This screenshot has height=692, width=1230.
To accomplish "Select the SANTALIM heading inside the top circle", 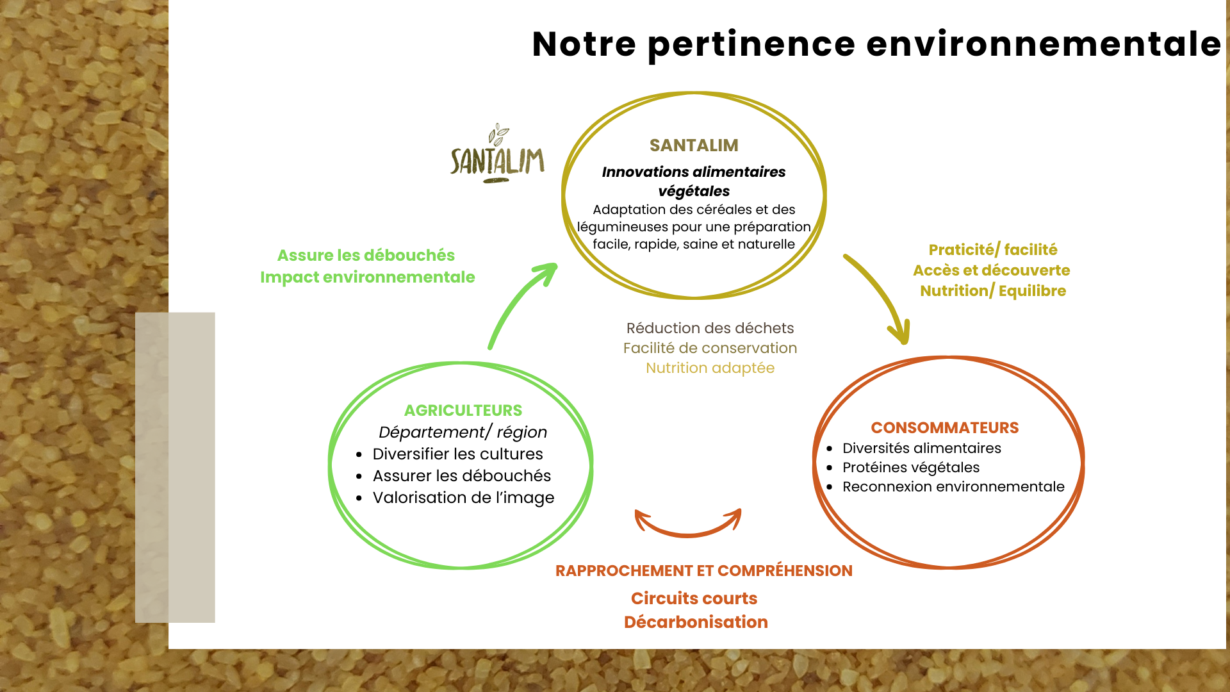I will [x=694, y=145].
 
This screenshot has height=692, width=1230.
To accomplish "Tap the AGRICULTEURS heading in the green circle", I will [x=463, y=410].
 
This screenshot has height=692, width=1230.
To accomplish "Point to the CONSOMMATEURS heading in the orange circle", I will [x=944, y=427].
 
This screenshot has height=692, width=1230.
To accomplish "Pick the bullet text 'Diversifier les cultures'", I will [x=457, y=454].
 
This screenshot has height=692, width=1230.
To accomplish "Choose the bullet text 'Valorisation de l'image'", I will [x=463, y=497].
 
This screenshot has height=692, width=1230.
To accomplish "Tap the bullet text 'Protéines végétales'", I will [x=910, y=467].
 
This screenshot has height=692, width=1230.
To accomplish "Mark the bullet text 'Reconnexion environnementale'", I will [x=953, y=486].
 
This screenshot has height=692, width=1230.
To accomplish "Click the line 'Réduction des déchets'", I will [x=710, y=328].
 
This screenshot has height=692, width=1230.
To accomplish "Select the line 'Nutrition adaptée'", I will [x=710, y=368].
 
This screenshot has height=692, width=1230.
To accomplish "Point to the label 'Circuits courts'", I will [x=694, y=598].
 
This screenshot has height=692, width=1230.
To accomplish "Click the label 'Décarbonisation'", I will [x=696, y=622].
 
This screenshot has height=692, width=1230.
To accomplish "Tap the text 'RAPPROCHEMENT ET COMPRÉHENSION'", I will [x=703, y=570].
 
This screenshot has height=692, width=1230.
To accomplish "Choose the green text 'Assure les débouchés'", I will [x=366, y=255].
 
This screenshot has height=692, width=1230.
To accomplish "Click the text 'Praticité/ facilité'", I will [x=992, y=249].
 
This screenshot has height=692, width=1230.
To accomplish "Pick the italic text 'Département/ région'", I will [x=463, y=432].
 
